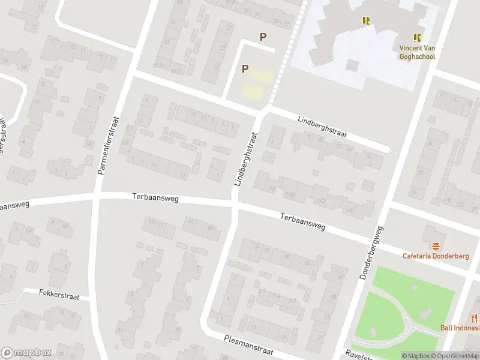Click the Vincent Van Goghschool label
click(417, 52)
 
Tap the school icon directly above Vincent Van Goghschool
click(417, 38)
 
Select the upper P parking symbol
click(263, 37)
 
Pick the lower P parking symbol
click(245, 69)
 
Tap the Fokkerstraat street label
click(59, 294)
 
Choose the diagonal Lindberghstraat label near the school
click(322, 127)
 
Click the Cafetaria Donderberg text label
click(435, 256)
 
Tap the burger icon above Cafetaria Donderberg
click(435, 246)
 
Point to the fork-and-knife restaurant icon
click(475, 318)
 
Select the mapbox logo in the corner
click(26, 353)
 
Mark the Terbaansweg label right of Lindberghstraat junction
click(303, 221)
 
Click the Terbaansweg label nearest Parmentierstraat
click(155, 197)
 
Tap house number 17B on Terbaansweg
click(291, 194)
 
